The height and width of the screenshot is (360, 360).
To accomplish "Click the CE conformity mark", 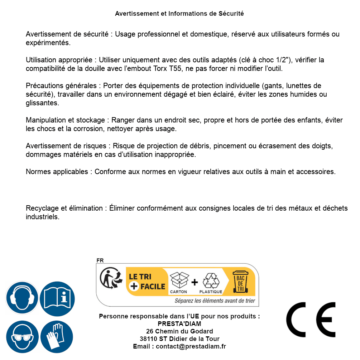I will pos(311,320).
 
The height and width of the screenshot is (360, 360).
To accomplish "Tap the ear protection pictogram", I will pos(22,298).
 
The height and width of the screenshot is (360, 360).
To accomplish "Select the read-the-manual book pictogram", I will pos(57,298).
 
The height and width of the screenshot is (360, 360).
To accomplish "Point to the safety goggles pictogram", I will pos(22,337).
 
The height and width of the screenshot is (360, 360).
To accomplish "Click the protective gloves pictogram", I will pos(57,337).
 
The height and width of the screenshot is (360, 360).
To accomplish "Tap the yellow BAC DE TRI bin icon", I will pos(239,282).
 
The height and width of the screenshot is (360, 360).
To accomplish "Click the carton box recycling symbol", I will pos(178,280).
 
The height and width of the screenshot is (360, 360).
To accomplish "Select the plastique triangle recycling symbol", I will pos(211,280).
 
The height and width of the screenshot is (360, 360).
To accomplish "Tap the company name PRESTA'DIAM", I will pos(179,324).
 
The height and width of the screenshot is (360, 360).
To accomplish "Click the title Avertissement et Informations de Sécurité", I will pos(179,14).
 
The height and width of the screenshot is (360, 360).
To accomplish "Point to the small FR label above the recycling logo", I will pos(100,260).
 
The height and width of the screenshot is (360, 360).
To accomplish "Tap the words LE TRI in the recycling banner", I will pos(140,277).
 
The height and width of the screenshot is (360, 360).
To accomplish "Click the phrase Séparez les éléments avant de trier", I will pos(215,301).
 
